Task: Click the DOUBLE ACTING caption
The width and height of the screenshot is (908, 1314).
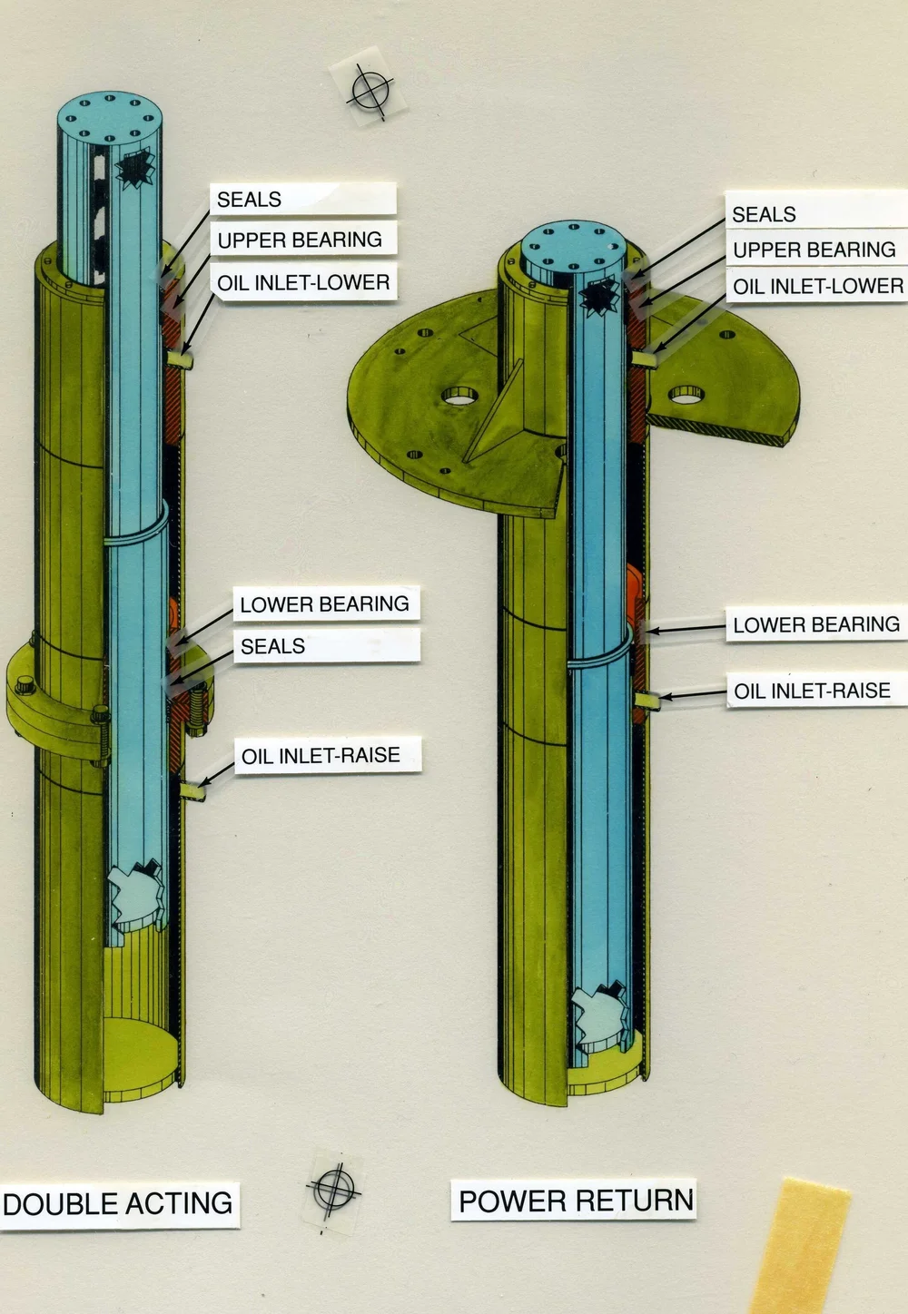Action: click(118, 1204)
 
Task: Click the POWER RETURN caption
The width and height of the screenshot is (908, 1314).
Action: click(576, 1201)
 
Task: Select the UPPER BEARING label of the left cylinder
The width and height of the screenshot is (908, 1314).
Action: click(300, 240)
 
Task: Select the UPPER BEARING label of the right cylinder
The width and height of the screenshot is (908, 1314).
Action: click(814, 250)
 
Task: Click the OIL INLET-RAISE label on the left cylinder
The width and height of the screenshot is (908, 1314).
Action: click(321, 755)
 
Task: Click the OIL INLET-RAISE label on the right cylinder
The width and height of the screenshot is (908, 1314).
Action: click(812, 691)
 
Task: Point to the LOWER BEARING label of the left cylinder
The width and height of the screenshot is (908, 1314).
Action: click(324, 604)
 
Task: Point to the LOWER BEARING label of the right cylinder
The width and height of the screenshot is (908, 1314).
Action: click(815, 624)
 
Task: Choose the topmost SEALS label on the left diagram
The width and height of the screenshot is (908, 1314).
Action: click(249, 200)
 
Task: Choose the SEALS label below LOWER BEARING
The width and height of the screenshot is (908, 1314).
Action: click(272, 646)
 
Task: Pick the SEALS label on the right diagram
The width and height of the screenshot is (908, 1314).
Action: click(764, 214)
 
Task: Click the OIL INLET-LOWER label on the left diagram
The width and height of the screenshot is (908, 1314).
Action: click(303, 282)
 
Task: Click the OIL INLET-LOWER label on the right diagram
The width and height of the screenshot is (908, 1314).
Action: click(817, 287)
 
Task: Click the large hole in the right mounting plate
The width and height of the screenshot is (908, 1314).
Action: click(687, 394)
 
